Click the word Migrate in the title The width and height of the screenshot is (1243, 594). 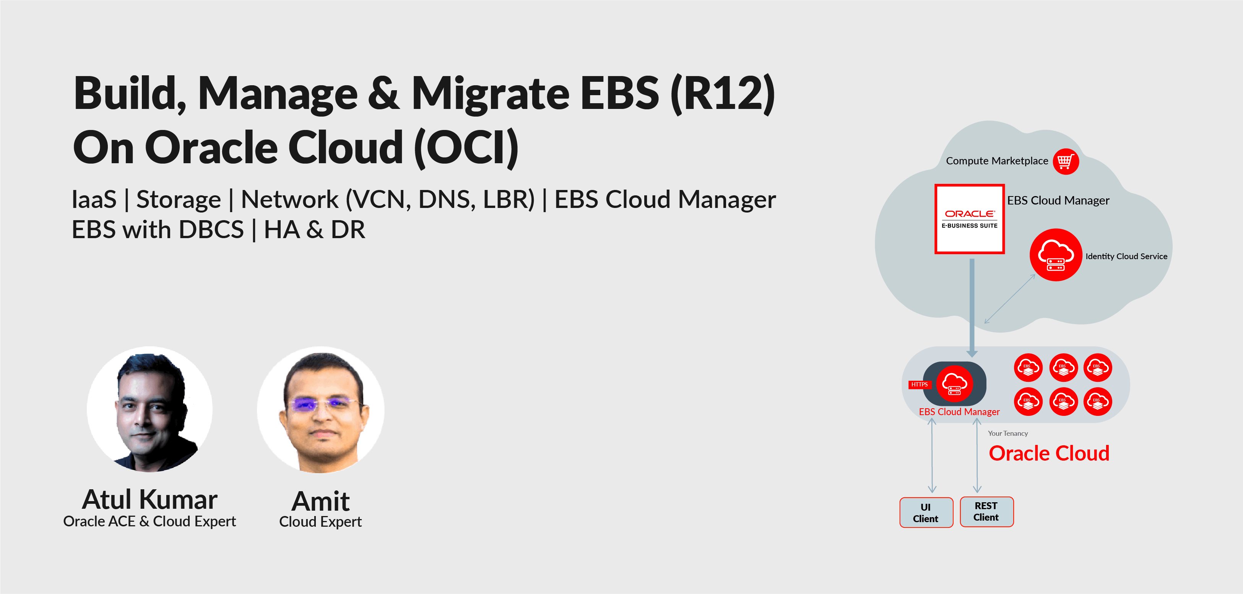click(x=490, y=94)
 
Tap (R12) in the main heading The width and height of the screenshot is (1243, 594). click(x=722, y=94)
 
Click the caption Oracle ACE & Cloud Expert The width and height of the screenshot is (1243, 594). click(x=149, y=522)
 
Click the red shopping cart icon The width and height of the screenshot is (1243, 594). click(x=1066, y=161)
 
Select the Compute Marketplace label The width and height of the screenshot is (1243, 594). click(x=997, y=161)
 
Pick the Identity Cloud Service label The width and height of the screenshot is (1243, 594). click(x=1126, y=256)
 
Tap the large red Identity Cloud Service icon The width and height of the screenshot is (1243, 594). click(x=1056, y=255)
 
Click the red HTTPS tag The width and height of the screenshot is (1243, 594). click(x=919, y=385)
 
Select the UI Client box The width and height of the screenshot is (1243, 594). click(x=926, y=513)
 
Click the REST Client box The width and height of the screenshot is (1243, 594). click(x=986, y=511)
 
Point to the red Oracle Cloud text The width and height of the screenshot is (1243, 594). click(x=1049, y=453)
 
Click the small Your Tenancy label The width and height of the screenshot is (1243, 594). click(x=1007, y=433)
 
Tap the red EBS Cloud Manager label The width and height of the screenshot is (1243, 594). click(x=959, y=412)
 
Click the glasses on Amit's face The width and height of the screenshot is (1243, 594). click(x=320, y=403)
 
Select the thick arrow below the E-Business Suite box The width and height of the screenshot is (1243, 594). click(x=972, y=308)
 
